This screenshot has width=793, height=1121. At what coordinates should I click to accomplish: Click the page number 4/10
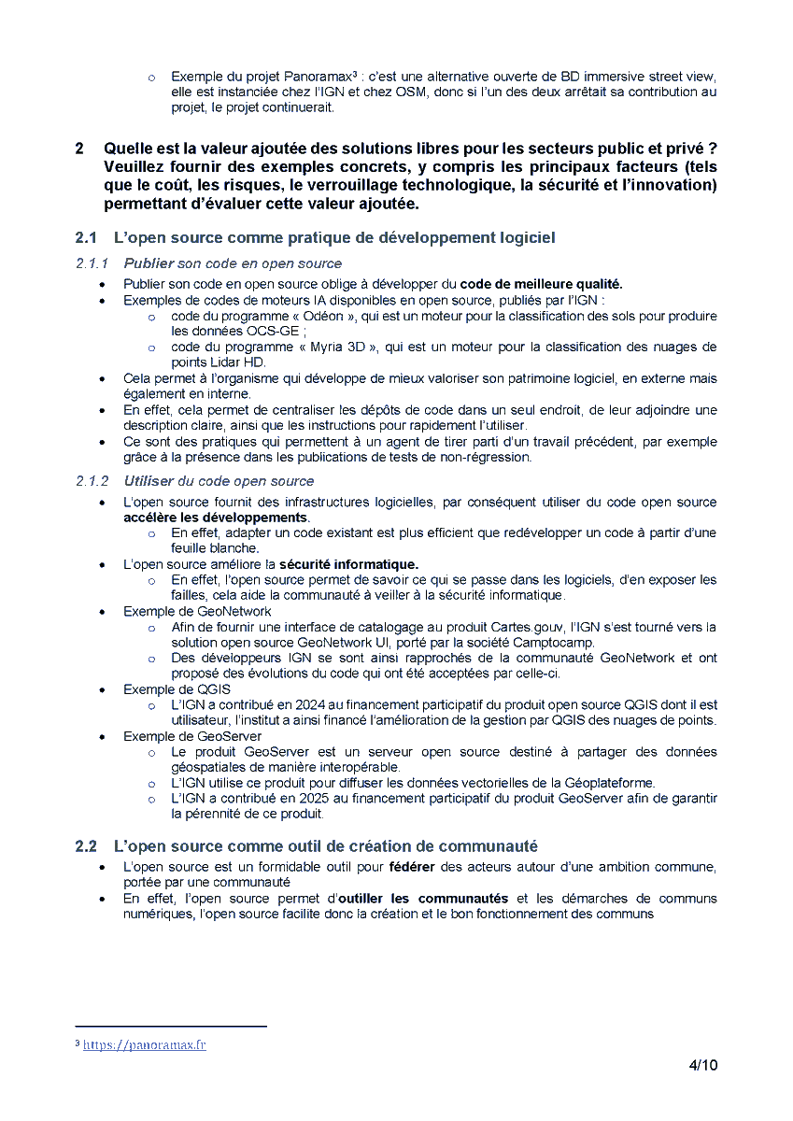[x=702, y=1065]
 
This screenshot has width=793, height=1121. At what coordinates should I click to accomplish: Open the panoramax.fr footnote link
[x=144, y=1044]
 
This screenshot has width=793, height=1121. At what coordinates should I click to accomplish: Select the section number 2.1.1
[x=92, y=263]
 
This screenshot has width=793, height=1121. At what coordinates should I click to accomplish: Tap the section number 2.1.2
[x=92, y=481]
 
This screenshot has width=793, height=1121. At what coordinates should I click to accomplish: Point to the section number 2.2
[x=86, y=846]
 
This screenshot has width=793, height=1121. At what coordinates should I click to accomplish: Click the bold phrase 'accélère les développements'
[x=216, y=517]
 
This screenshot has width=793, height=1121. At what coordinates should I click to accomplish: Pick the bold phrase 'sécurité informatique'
[x=348, y=564]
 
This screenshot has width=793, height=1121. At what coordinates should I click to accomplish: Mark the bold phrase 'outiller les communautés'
[x=423, y=898]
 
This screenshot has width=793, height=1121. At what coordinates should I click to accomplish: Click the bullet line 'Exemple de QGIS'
[x=177, y=689]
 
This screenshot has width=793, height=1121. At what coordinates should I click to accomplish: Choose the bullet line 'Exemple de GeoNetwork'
[x=197, y=611]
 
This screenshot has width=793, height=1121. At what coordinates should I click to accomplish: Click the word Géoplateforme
[x=608, y=783]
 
